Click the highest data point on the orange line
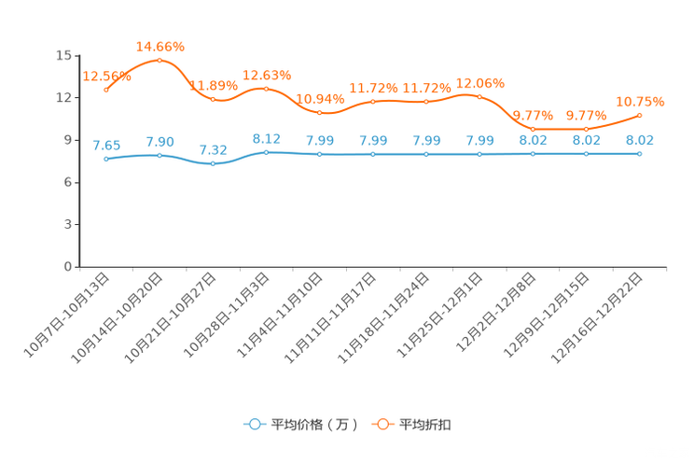(160, 60)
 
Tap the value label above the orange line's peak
(160, 46)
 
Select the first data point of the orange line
(106, 89)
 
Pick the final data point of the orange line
(639, 115)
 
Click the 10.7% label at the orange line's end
(640, 100)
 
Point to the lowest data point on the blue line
(213, 164)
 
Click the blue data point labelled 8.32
(266, 151)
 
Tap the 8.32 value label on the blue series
(266, 138)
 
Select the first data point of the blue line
(106, 159)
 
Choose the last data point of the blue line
(639, 153)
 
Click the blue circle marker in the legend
(254, 424)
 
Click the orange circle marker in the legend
(382, 424)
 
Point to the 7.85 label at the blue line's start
(106, 146)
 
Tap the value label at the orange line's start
(106, 76)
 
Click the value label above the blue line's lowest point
(213, 150)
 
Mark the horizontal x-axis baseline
(373, 267)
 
